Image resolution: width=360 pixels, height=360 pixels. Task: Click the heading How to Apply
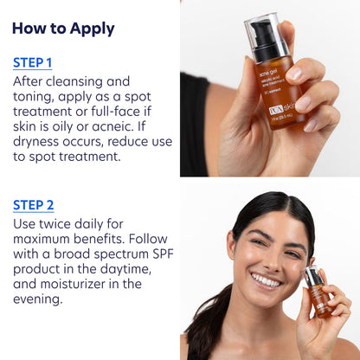coord(63,28)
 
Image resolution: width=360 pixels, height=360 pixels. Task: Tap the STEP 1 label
coord(33,62)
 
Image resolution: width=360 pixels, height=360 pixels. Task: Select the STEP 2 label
coord(34,205)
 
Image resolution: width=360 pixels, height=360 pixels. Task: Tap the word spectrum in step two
coord(108,258)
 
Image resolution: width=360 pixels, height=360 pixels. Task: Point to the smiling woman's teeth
coord(266,281)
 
